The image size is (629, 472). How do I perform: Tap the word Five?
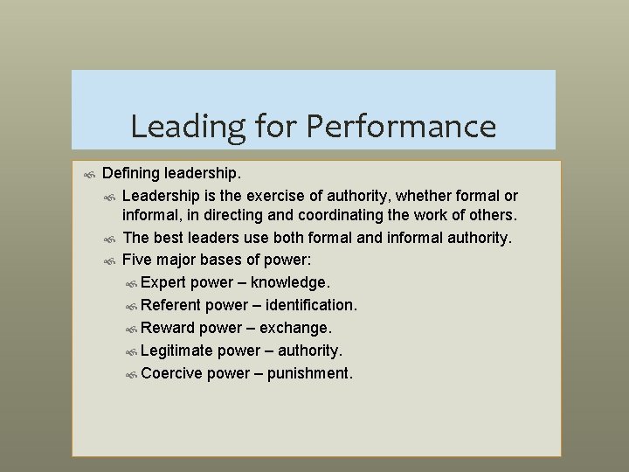coord(138,260)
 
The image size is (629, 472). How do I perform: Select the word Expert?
coord(162,283)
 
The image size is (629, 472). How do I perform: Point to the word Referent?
coord(169,306)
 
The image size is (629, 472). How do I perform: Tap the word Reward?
coord(168,329)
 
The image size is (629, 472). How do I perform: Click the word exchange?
coord(292,329)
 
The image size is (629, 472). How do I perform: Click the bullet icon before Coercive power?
coord(131,375)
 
